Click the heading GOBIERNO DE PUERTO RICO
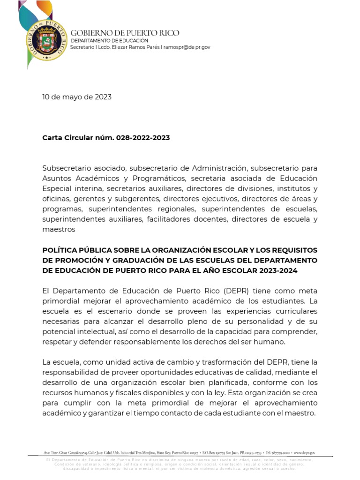point(125,33)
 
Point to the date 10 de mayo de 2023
point(77,97)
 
